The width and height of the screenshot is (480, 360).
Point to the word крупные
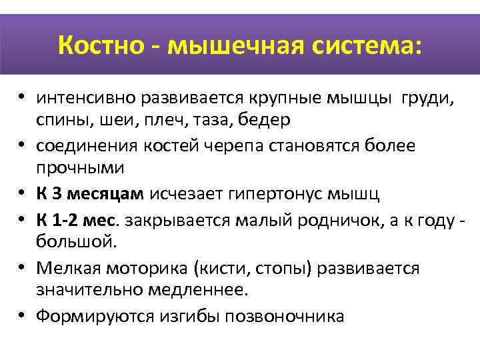pos(285,99)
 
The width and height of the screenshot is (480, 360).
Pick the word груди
pos(427,99)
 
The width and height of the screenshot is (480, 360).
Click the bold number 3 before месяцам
pos(56,194)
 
